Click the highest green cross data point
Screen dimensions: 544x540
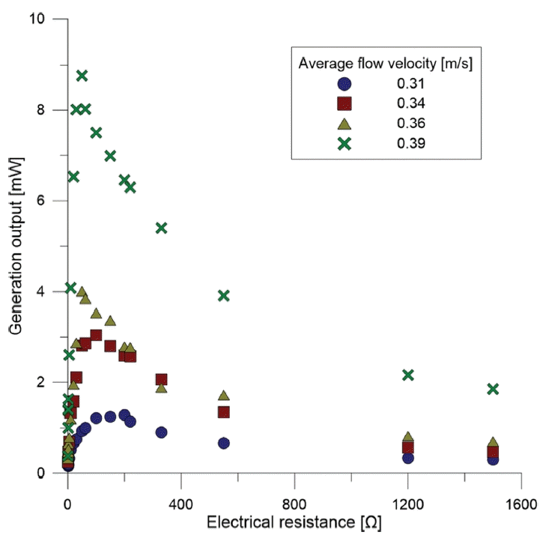point(82,75)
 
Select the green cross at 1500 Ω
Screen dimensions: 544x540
point(492,389)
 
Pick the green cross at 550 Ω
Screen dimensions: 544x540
point(223,295)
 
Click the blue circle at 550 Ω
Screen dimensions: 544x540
point(223,444)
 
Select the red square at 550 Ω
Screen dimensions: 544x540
point(223,412)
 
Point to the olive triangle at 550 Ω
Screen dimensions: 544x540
point(223,395)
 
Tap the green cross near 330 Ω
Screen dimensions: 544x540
point(161,228)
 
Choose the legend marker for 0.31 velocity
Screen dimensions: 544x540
point(344,84)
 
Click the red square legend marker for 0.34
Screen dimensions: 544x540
point(344,103)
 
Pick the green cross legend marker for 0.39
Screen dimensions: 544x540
point(344,144)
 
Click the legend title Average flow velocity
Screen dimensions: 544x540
point(385,63)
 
